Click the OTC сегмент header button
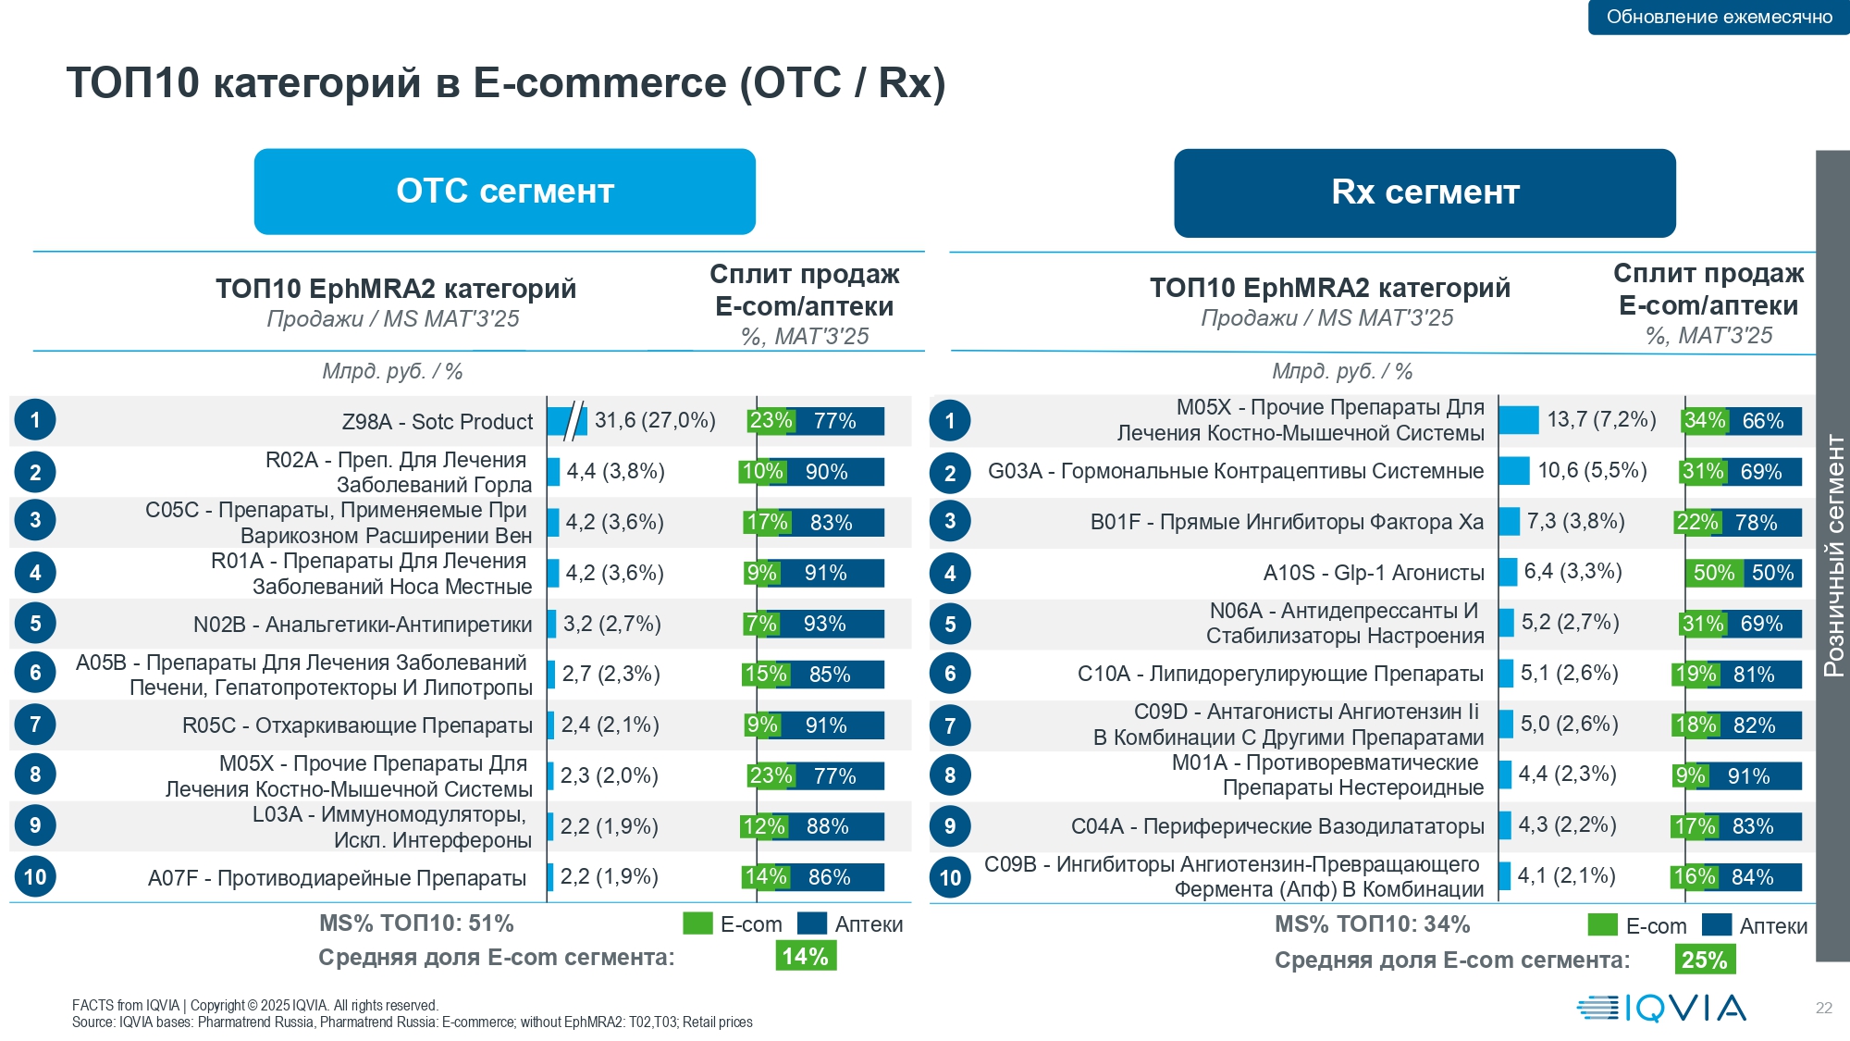coord(504,192)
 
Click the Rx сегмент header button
coord(1424,192)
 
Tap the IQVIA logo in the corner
coord(1661,1008)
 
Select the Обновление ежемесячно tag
coord(1719,17)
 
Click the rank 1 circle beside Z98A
coord(35,420)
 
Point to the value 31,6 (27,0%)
coord(655,421)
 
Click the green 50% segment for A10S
coord(1713,573)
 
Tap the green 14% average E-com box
coord(806,956)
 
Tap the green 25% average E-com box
coord(1705,960)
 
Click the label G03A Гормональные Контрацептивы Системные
coord(1235,472)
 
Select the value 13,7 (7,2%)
coord(1601,420)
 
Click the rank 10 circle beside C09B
coord(950,878)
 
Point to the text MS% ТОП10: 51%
coord(416,923)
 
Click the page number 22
coord(1823,1008)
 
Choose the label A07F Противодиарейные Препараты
coord(337,878)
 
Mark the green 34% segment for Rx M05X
coord(1705,421)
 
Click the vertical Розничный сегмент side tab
coord(1832,555)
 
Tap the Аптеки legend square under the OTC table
coord(811,923)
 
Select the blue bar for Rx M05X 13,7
coord(1518,420)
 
